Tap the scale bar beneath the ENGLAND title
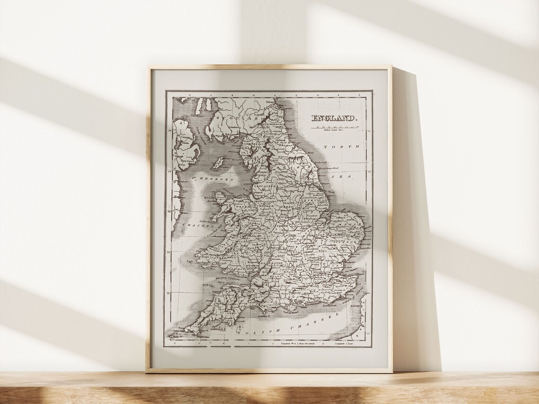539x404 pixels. point(333,127)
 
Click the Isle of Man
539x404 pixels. point(217,163)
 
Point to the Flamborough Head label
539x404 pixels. point(329,168)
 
